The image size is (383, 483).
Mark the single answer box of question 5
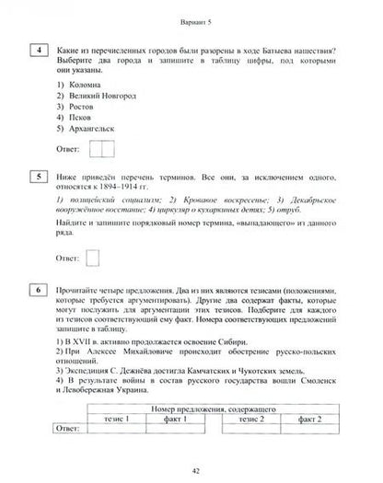92,233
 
